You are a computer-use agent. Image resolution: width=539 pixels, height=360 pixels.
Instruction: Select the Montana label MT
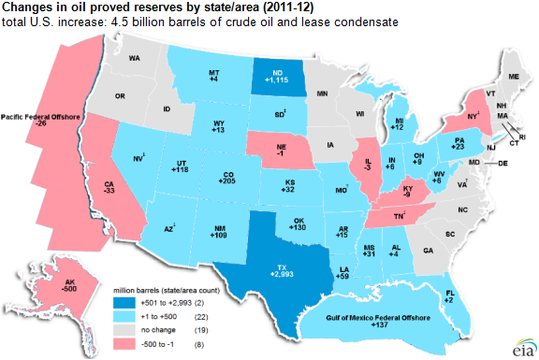(212, 72)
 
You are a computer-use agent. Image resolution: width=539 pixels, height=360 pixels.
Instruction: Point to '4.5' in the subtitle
(118, 21)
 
